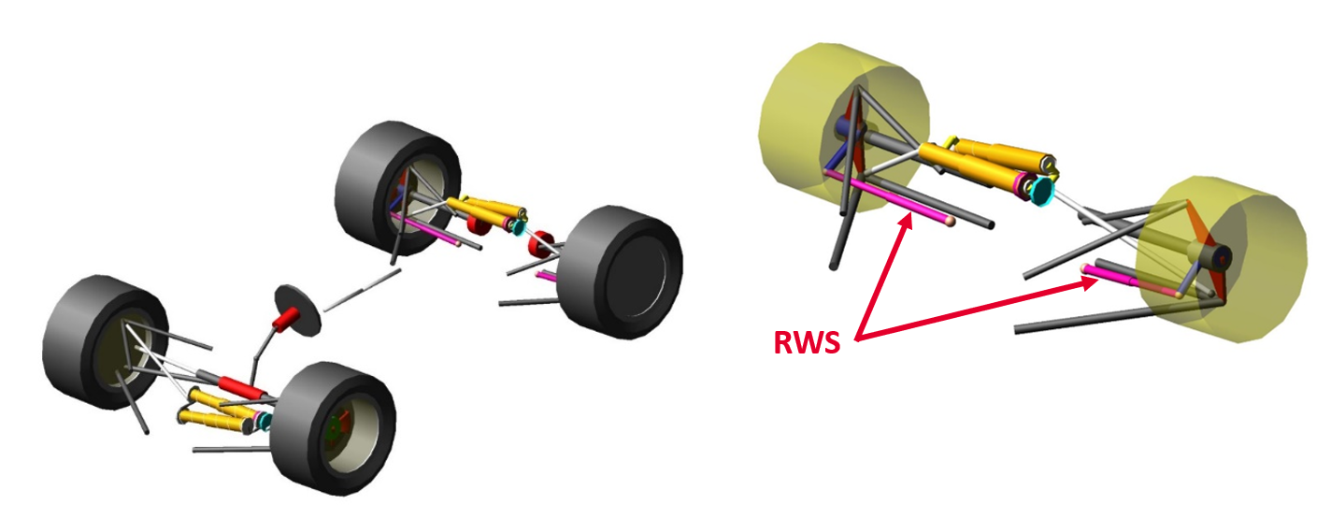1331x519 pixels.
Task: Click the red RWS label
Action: coord(808,342)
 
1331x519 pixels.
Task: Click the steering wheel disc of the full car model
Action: coord(298,310)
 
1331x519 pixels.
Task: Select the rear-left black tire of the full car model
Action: coord(393,188)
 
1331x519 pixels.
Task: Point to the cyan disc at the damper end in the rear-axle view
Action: coord(1040,191)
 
